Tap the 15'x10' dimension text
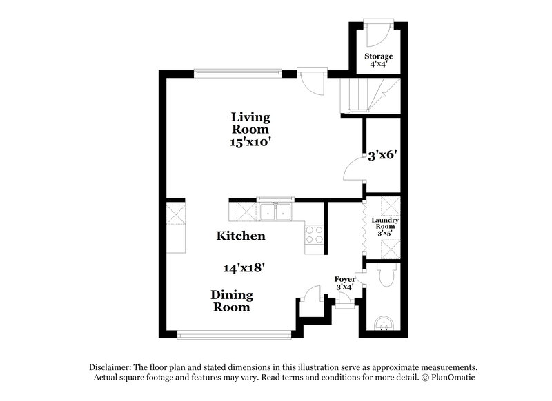(x=250, y=143)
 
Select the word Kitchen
(x=241, y=236)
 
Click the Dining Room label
(x=232, y=301)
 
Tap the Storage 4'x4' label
(x=378, y=60)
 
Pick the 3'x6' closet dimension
(x=382, y=156)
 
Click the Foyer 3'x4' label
(x=345, y=282)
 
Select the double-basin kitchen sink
(x=276, y=211)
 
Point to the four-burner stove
(x=314, y=235)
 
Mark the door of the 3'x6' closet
(x=354, y=168)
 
